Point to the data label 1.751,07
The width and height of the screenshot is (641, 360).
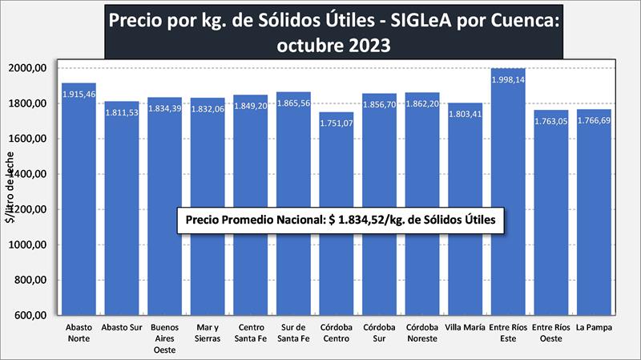pyautogui.click(x=337, y=123)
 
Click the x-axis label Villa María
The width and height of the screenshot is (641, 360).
pyautogui.click(x=465, y=328)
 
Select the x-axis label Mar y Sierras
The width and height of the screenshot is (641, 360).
pyautogui.click(x=208, y=333)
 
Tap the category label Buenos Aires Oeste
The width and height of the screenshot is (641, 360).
pyautogui.click(x=164, y=338)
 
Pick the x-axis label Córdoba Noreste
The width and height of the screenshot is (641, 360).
pyautogui.click(x=422, y=333)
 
